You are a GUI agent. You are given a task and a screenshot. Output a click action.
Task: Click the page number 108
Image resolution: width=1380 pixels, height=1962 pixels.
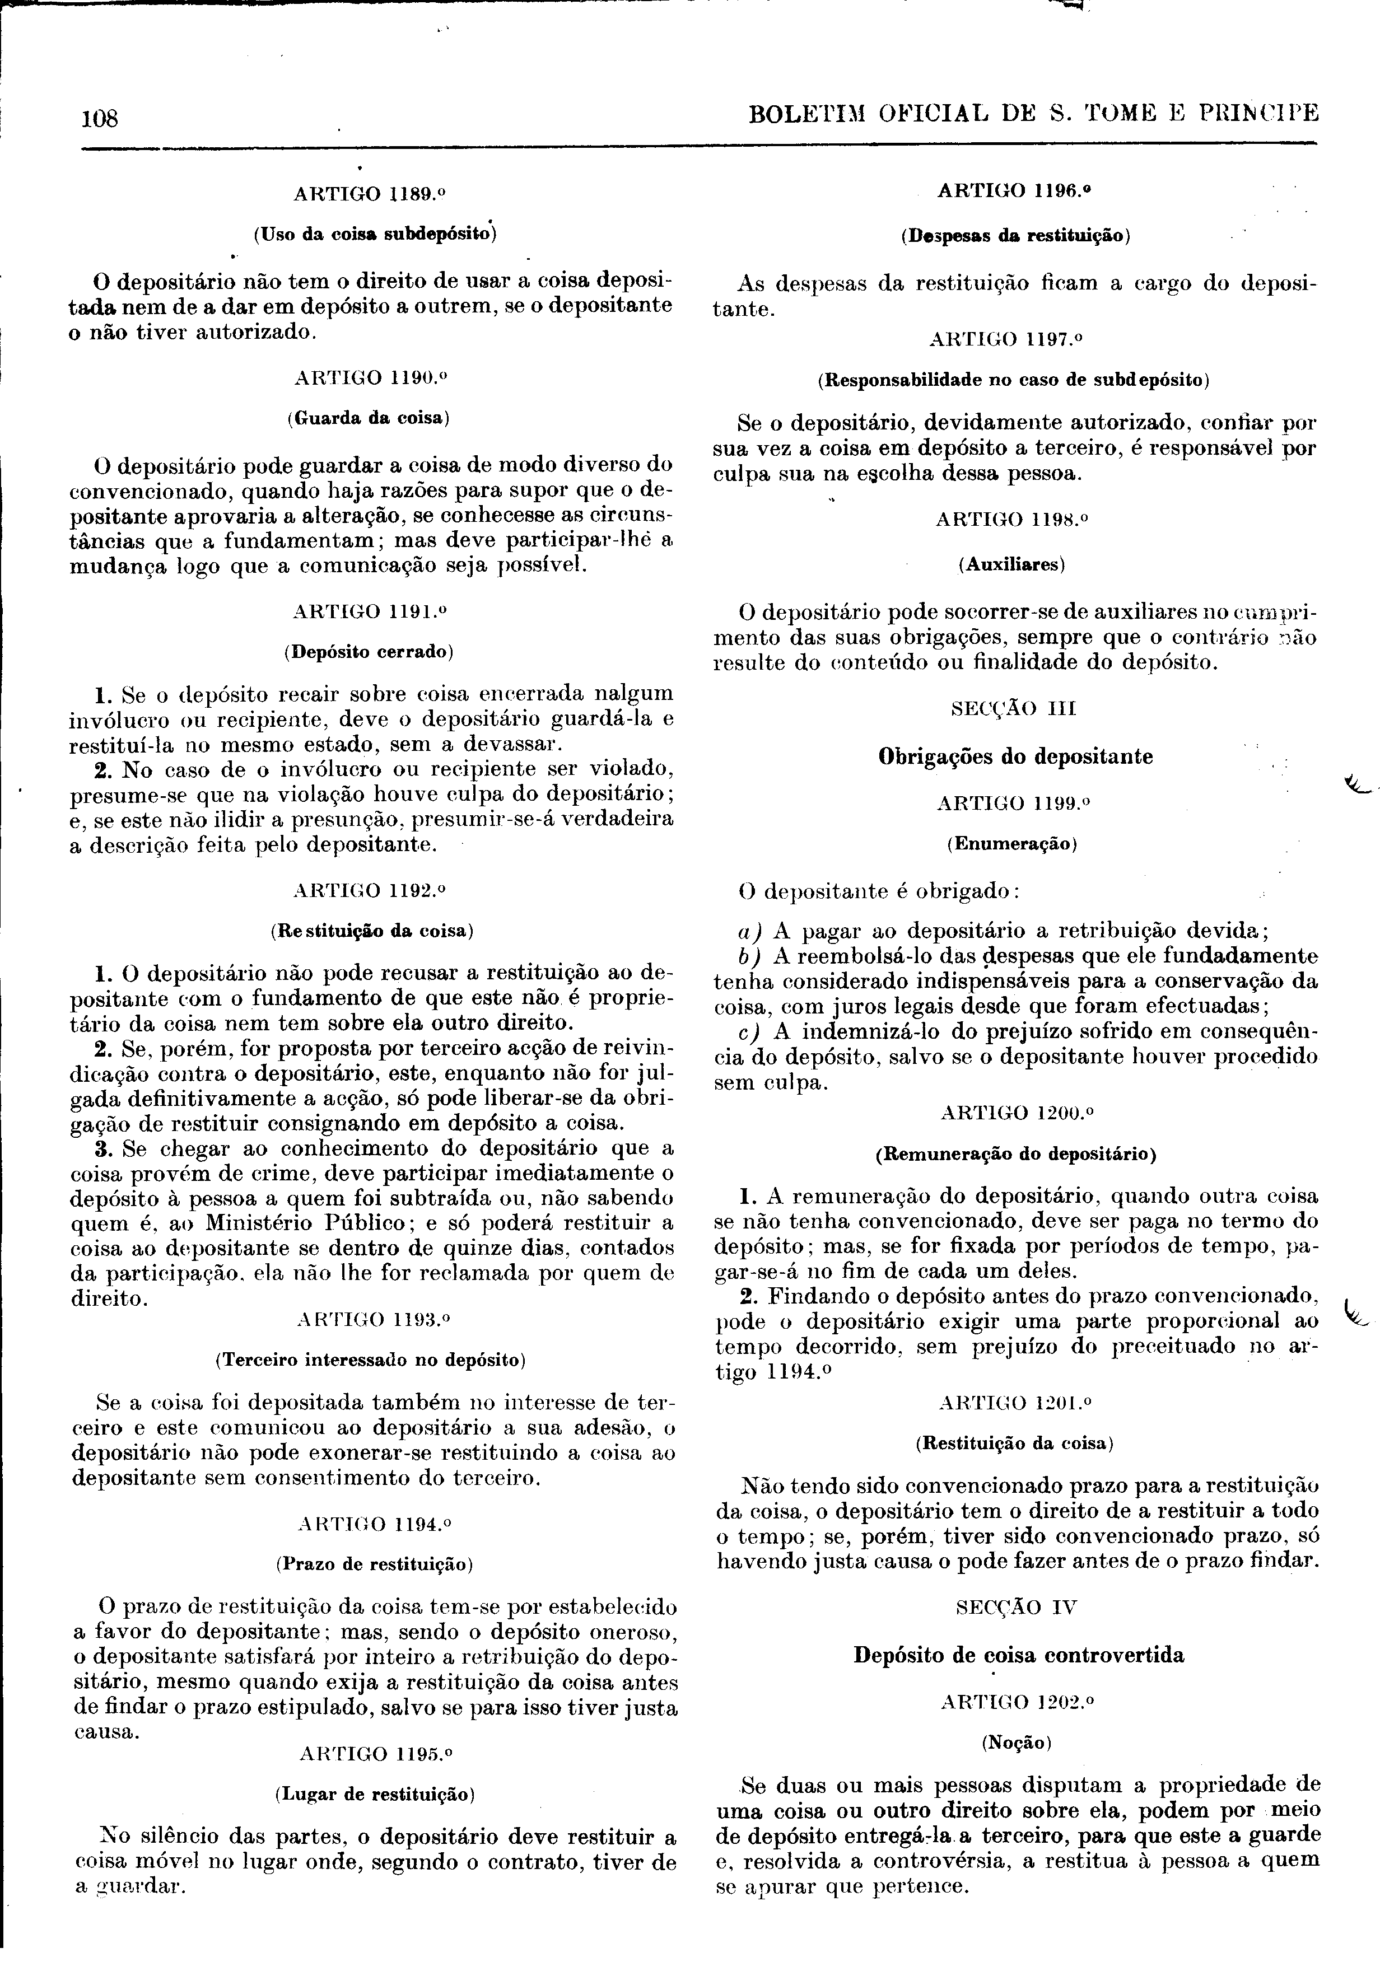click(x=99, y=119)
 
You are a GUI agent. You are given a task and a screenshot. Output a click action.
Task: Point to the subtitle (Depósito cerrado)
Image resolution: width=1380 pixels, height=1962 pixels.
click(x=369, y=652)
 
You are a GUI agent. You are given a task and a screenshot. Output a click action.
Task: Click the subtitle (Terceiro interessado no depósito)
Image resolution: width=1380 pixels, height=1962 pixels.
click(x=370, y=1359)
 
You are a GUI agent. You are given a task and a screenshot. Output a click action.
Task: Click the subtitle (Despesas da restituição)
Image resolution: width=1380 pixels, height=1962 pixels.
click(x=1016, y=236)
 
